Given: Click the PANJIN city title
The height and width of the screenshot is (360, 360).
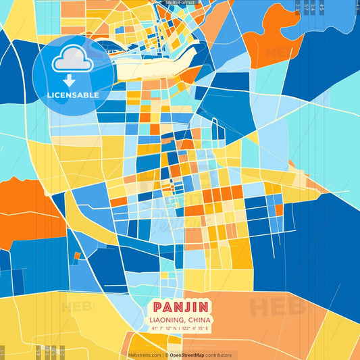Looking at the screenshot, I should coord(180,306).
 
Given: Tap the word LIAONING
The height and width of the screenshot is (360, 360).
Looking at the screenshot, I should coord(166,319).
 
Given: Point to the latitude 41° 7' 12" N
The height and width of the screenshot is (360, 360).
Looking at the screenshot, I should coord(164,328).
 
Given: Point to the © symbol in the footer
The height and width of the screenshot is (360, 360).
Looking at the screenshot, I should coord(165,355).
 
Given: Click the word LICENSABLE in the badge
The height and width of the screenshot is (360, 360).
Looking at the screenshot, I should coord(73,95).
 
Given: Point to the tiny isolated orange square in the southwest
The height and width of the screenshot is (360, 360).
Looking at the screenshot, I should coord(77,256).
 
